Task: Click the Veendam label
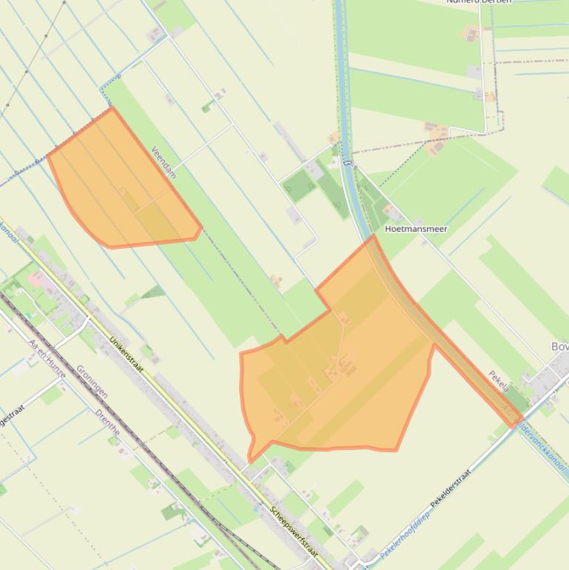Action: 164,161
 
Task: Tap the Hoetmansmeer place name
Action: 415,229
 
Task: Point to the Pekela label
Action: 499,381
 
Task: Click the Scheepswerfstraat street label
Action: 294,532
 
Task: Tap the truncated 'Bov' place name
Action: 559,346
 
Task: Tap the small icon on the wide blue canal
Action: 346,161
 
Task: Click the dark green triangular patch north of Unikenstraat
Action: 155,292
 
